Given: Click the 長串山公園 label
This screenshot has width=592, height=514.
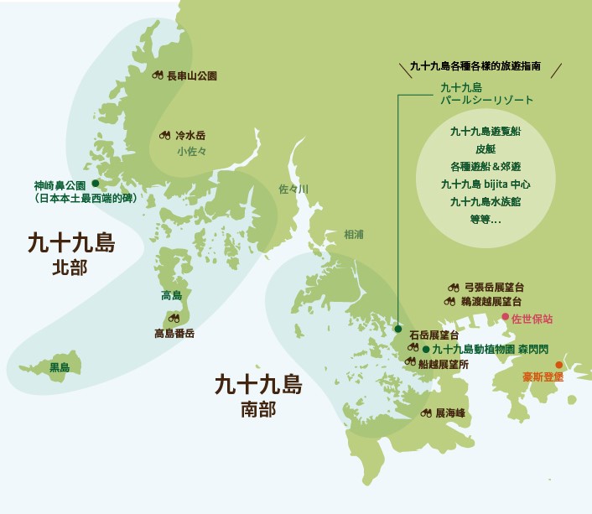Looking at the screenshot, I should (x=192, y=75).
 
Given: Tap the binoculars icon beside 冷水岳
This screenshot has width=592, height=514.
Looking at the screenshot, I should (x=164, y=134).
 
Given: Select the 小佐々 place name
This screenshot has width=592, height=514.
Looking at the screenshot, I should (x=191, y=152).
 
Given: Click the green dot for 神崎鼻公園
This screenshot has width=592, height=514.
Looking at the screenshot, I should (x=96, y=182).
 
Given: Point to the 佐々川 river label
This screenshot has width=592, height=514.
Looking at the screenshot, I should (x=293, y=190).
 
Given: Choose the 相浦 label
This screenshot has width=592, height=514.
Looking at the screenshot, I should (x=356, y=235).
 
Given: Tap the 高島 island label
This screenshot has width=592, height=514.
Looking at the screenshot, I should (x=171, y=295).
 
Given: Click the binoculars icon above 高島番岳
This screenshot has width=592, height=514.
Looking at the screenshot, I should (x=174, y=318).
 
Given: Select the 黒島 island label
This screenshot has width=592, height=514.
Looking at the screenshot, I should (x=59, y=366).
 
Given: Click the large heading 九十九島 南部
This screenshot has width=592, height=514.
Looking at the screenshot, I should (x=257, y=396).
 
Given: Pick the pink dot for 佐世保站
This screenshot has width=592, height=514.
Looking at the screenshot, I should (x=505, y=317).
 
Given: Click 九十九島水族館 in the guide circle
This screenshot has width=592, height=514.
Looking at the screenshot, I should (x=486, y=202).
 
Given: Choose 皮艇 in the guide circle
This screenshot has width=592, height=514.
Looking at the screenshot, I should (x=486, y=148).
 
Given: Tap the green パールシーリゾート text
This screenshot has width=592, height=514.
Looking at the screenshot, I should (x=487, y=100).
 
